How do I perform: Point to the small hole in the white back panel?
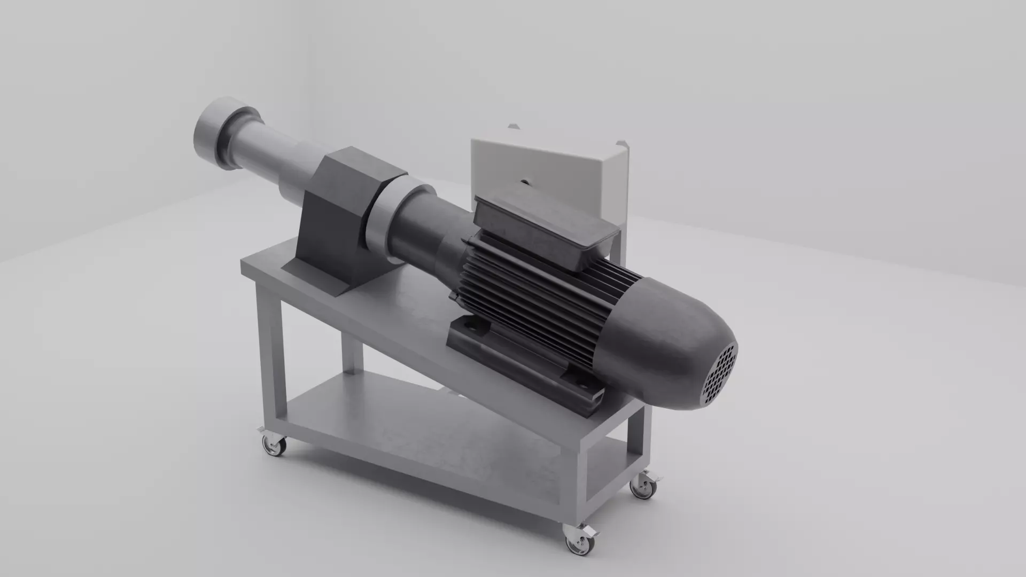(525, 182)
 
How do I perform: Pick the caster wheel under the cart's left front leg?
(274, 447)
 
